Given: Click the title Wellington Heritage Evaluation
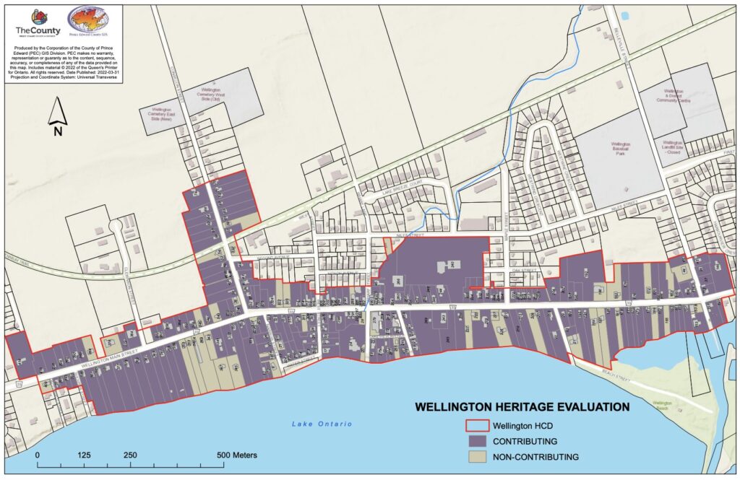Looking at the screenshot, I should [x=521, y=407].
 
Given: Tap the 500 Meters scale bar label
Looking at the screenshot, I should [x=236, y=455].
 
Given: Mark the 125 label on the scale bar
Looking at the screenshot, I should [x=84, y=455].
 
